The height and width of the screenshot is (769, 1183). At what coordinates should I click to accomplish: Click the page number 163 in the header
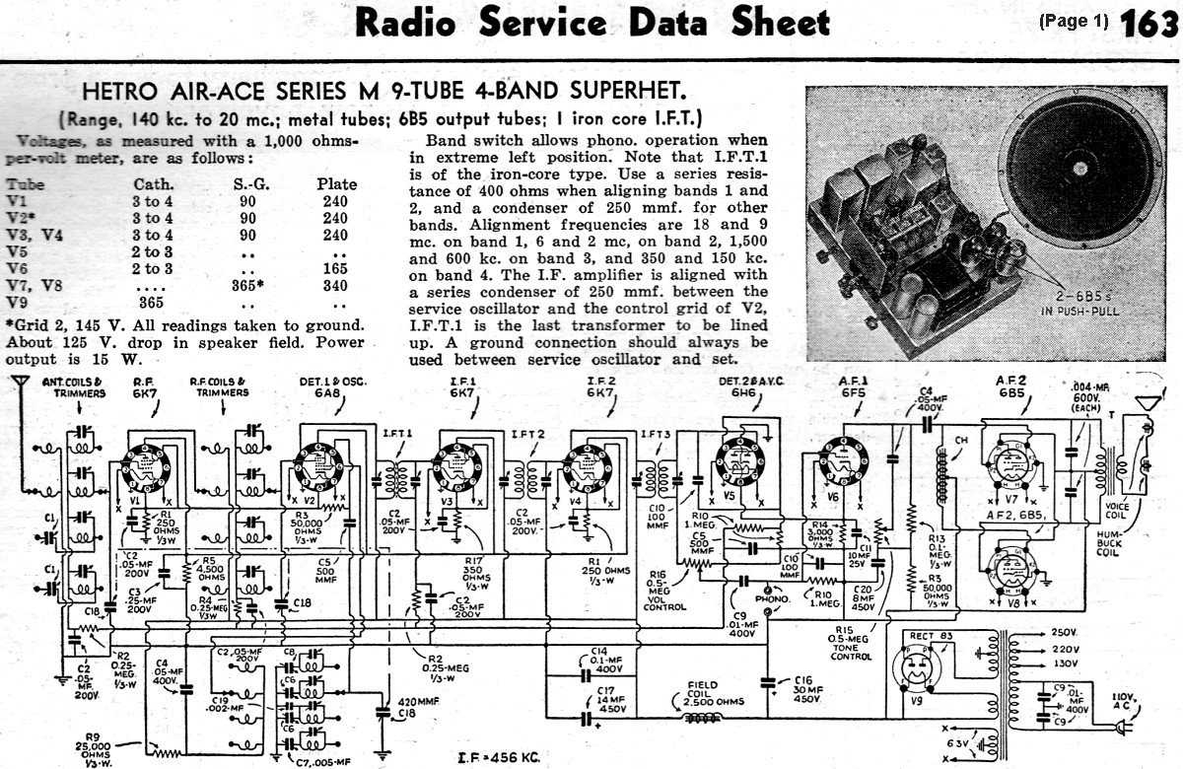(x=1148, y=23)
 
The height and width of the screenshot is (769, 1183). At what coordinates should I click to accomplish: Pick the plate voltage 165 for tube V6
(x=335, y=268)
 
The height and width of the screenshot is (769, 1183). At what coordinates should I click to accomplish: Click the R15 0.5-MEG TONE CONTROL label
(x=851, y=643)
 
